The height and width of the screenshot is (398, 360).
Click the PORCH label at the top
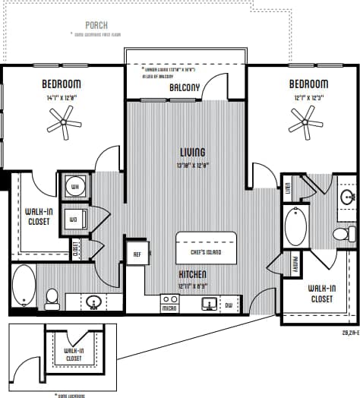point(96,25)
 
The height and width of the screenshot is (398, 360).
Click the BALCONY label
point(185,87)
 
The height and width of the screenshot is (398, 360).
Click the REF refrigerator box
point(138,254)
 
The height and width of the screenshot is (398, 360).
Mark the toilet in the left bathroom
point(52,298)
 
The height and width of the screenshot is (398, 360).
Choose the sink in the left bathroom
point(94,302)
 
